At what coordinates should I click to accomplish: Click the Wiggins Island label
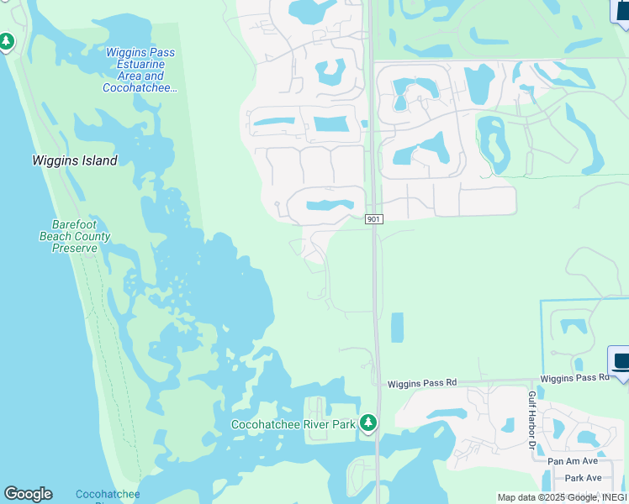[x=75, y=160]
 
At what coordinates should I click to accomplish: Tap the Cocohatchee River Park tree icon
[x=367, y=424]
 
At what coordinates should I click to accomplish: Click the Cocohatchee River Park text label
[x=293, y=425]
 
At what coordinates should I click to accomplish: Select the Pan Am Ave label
[x=572, y=461]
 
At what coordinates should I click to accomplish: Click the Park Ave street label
[x=583, y=478]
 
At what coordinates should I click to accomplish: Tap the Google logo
[x=28, y=494]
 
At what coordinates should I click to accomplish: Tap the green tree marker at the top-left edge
[x=7, y=41]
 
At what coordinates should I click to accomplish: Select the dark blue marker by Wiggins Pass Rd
[x=620, y=363]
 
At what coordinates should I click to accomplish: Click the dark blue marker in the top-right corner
[x=621, y=12]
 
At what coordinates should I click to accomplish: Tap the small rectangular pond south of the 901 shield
[x=397, y=328]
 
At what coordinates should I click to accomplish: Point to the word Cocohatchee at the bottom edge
[x=108, y=495]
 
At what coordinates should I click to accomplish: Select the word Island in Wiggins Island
[x=98, y=160]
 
